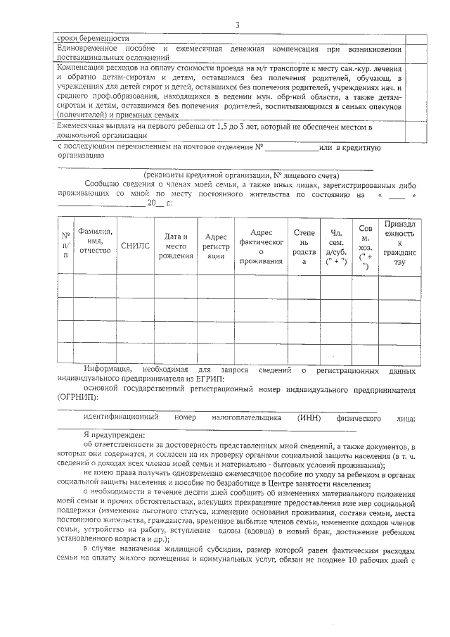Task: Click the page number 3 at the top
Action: (x=237, y=25)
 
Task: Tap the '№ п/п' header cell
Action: (x=65, y=245)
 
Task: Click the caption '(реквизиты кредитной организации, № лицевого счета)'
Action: (x=241, y=175)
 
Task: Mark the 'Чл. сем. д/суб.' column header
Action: (x=335, y=246)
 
